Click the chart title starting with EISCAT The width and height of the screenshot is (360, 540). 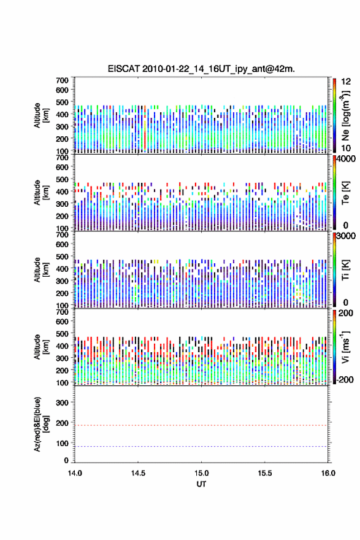(201, 69)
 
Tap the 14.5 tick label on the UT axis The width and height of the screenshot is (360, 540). (138, 473)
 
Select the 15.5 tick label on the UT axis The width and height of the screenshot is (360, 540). (265, 473)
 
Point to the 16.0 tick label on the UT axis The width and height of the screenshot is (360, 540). (328, 473)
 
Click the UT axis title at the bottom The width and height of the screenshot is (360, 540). (201, 484)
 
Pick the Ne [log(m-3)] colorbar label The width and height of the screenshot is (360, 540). (345, 115)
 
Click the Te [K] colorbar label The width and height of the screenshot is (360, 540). (345, 193)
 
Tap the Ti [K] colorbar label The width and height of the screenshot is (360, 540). (345, 270)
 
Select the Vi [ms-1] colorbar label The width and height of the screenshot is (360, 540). (345, 347)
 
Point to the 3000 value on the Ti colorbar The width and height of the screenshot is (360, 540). (347, 236)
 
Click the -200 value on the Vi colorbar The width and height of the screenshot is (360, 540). (344, 379)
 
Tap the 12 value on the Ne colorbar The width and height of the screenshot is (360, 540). (347, 82)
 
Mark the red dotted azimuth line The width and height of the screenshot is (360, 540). (201, 425)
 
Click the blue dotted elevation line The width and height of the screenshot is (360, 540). (201, 446)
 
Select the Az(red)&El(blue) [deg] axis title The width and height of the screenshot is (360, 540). (41, 424)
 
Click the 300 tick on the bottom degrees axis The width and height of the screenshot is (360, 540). (63, 403)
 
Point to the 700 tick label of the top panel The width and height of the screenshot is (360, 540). (63, 80)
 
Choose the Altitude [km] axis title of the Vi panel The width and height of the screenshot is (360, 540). (41, 347)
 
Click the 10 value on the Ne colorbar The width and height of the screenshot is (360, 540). (347, 148)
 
